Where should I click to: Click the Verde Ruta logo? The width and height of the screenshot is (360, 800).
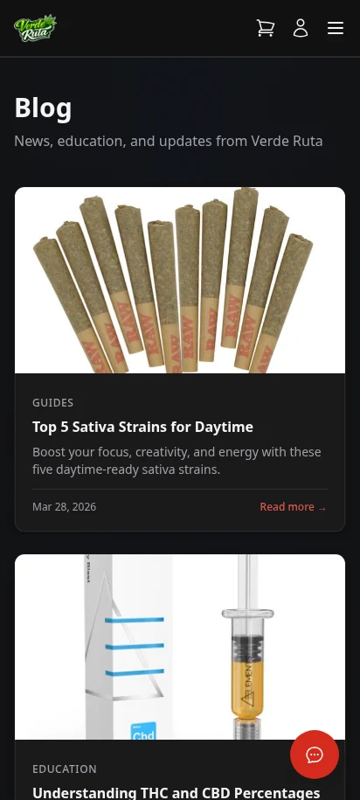(x=35, y=28)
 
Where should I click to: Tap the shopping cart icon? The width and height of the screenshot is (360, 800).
(x=265, y=28)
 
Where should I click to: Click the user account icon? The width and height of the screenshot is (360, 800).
(x=301, y=28)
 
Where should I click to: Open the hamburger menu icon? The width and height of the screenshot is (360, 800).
(x=336, y=28)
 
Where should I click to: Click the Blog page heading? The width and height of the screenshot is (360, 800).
(x=43, y=108)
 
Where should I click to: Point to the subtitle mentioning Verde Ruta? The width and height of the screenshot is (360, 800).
(x=169, y=141)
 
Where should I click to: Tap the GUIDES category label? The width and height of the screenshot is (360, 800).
(x=52, y=403)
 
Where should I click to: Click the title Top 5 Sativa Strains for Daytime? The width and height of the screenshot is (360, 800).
(x=142, y=427)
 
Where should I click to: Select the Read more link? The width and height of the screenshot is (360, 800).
(x=293, y=507)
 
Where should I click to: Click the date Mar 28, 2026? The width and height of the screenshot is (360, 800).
(x=64, y=507)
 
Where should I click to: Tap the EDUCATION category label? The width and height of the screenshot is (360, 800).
(x=64, y=769)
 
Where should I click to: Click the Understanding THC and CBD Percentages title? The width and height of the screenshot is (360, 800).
(x=176, y=792)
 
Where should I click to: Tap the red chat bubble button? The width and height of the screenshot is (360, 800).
(x=315, y=754)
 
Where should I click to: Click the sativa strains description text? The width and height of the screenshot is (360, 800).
(x=177, y=461)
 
